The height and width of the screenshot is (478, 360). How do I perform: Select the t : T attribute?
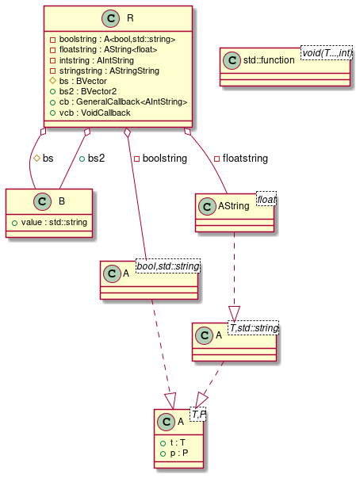pos(174,443)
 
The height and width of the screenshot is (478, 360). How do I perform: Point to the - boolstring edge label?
pos(160,159)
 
